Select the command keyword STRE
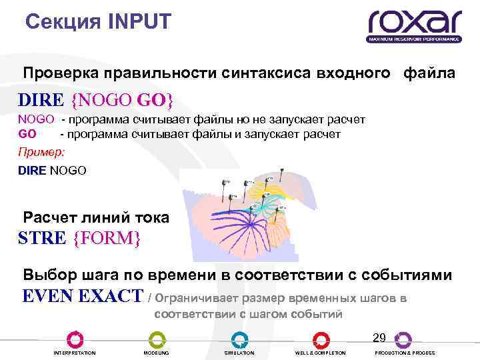(x=42, y=237)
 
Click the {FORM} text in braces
(x=107, y=237)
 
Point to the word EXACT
(x=110, y=296)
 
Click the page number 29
(x=379, y=337)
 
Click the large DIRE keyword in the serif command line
(x=41, y=101)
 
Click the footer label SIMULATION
(x=239, y=353)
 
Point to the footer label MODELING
(x=156, y=353)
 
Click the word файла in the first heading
(x=429, y=73)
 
